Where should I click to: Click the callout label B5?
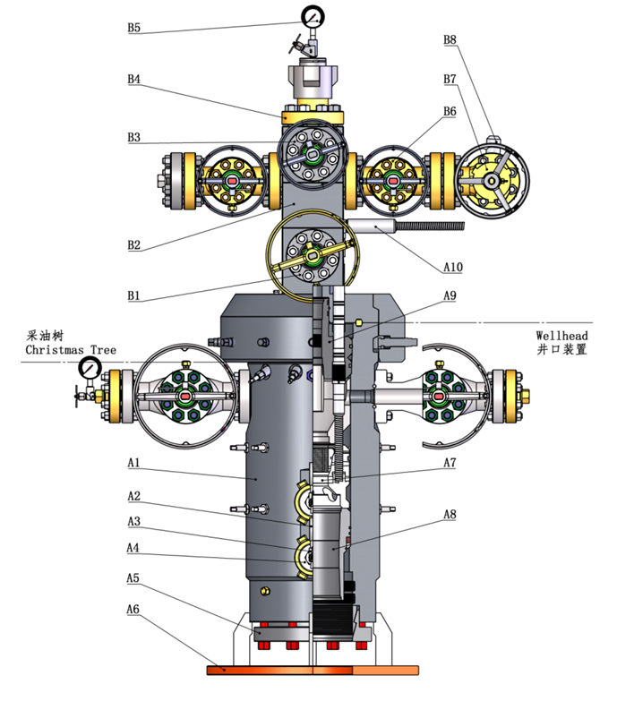[133, 28]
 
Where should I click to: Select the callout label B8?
[450, 39]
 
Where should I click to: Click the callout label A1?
[133, 463]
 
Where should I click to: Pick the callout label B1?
[133, 295]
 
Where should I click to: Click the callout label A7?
[450, 463]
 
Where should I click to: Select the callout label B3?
[133, 138]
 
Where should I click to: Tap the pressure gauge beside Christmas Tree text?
[89, 367]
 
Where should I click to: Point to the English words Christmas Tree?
[71, 349]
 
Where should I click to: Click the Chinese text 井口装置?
[561, 350]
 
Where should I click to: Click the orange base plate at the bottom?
[313, 668]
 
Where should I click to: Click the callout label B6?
[450, 111]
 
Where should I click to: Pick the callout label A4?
[133, 548]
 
